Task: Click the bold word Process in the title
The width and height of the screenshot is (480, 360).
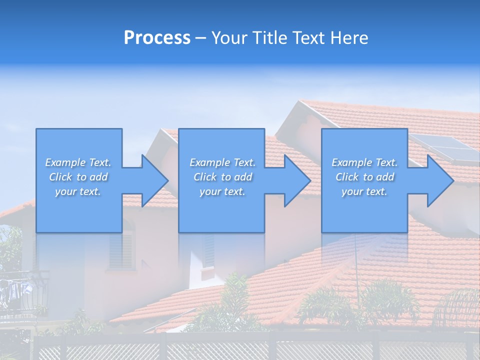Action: click(157, 38)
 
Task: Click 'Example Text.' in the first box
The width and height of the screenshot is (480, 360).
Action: click(78, 162)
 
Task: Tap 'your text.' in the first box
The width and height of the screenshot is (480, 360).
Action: click(78, 191)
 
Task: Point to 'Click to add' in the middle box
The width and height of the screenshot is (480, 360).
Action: click(222, 177)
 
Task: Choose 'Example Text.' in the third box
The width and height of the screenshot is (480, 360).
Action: click(364, 162)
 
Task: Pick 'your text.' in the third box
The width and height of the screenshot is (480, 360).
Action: click(364, 191)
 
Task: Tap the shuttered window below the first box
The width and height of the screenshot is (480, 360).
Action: click(121, 250)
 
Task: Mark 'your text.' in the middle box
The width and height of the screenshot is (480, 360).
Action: click(222, 191)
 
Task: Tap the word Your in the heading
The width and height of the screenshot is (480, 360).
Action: click(229, 38)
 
